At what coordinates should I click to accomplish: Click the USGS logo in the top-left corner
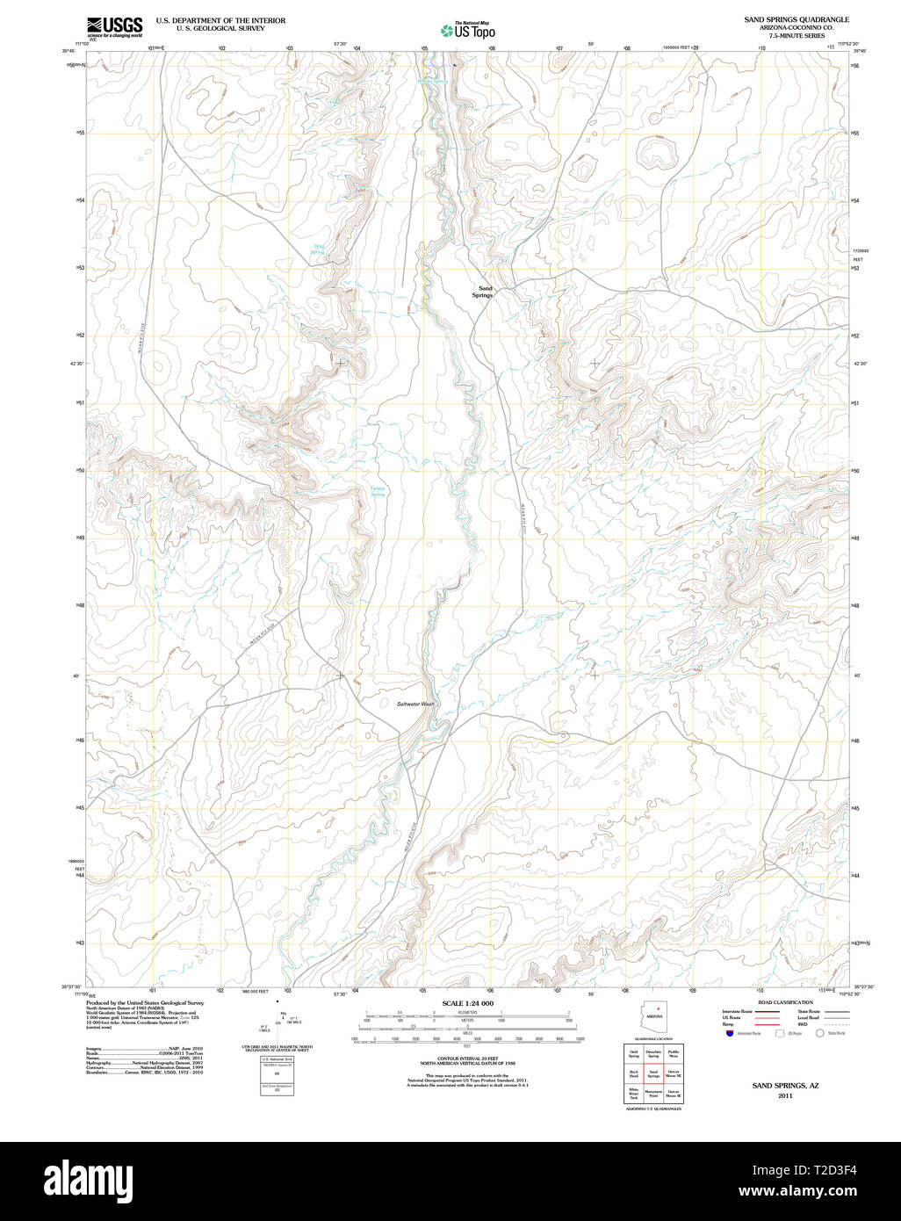(114, 26)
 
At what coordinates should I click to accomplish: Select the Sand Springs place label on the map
(484, 292)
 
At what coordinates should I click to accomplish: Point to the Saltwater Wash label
(415, 704)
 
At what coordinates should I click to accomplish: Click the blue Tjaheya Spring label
(378, 492)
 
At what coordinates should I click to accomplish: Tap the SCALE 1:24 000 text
(467, 1003)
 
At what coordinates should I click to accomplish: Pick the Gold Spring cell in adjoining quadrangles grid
(633, 1053)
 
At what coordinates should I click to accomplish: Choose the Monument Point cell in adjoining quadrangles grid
(653, 1094)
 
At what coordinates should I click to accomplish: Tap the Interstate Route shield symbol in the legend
(730, 1034)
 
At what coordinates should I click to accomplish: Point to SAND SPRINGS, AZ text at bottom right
(785, 1086)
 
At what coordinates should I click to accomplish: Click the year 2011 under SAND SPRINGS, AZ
(785, 1095)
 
